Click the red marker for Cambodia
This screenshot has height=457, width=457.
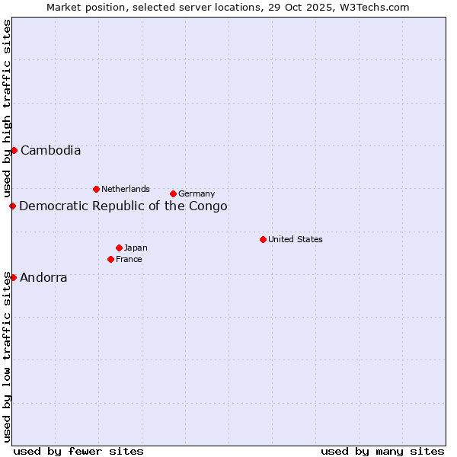pyautogui.click(x=14, y=150)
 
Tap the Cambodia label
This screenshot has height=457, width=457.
pyautogui.click(x=50, y=151)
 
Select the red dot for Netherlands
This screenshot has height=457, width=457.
pyautogui.click(x=96, y=189)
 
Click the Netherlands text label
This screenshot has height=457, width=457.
pyautogui.click(x=126, y=189)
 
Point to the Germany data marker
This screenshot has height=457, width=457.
pyautogui.click(x=173, y=193)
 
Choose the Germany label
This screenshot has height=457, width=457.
pyautogui.click(x=197, y=194)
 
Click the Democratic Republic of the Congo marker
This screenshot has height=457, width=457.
pyautogui.click(x=12, y=206)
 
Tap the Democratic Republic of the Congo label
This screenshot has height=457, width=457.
pyautogui.click(x=123, y=206)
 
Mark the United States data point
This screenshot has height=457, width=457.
pyautogui.click(x=263, y=239)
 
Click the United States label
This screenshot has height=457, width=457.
pyautogui.click(x=296, y=239)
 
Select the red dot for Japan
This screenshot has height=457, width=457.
pyautogui.click(x=119, y=248)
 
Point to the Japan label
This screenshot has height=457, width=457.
pyautogui.click(x=136, y=248)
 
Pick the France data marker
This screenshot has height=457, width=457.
pyautogui.click(x=110, y=259)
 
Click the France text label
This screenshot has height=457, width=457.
pyautogui.click(x=129, y=260)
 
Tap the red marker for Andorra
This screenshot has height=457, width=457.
pyautogui.click(x=13, y=277)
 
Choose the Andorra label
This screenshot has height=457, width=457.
pyautogui.click(x=43, y=278)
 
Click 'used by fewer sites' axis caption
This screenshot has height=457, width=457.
pyautogui.click(x=78, y=451)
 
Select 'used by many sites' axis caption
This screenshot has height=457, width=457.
pyautogui.click(x=382, y=451)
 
